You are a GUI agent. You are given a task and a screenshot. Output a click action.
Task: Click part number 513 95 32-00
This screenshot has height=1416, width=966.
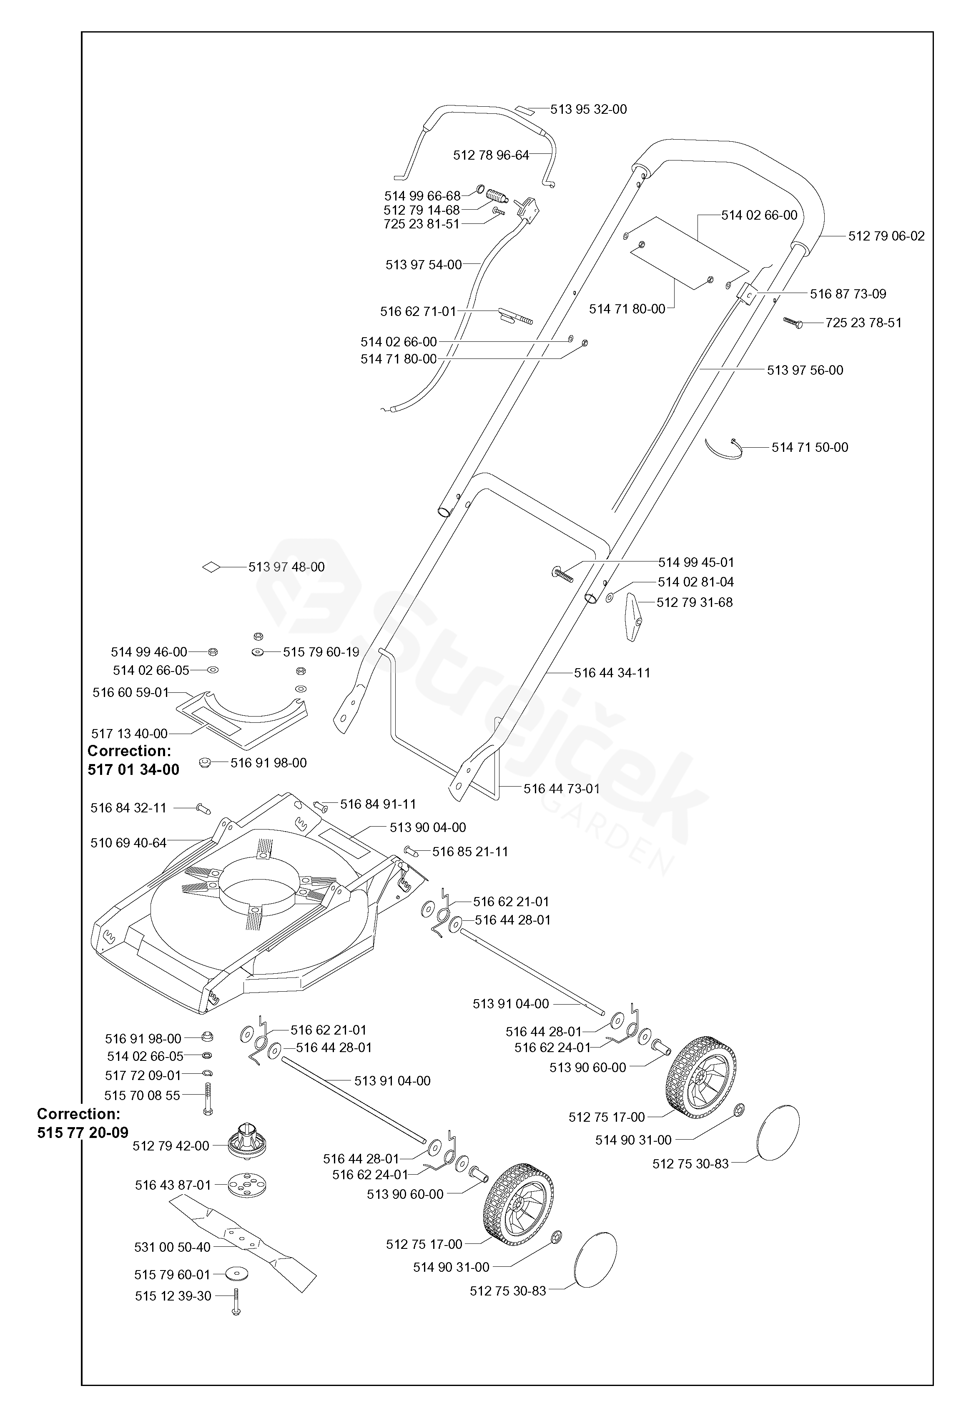coord(588,110)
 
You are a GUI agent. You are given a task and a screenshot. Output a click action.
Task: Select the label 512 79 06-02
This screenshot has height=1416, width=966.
coord(886,236)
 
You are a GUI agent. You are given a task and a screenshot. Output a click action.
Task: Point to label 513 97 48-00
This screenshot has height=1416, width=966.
coord(286,566)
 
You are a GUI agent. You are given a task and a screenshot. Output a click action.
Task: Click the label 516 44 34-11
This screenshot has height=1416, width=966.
coord(612,673)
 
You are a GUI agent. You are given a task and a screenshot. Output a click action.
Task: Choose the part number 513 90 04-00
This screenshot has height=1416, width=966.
coord(428,827)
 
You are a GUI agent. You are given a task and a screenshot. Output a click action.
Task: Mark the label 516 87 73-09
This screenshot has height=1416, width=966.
coord(848,294)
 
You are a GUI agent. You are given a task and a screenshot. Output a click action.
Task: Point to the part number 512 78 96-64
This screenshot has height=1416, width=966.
coord(491,155)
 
